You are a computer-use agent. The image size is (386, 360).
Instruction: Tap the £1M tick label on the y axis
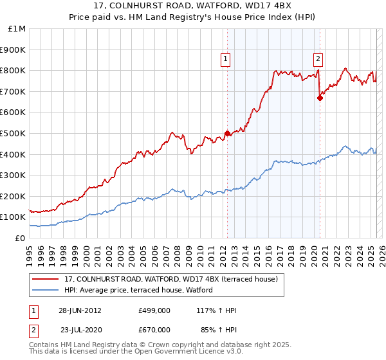pyautogui.click(x=17, y=29)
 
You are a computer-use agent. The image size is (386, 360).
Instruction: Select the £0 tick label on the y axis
pyautogui.click(x=21, y=238)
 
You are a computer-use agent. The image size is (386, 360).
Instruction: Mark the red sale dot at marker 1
pyautogui.click(x=227, y=134)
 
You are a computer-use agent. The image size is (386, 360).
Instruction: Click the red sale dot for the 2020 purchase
pyautogui.click(x=320, y=98)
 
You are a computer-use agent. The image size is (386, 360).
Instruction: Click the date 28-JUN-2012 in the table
pyautogui.click(x=80, y=310)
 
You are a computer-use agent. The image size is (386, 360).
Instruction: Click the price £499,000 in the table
pyautogui.click(x=154, y=310)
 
